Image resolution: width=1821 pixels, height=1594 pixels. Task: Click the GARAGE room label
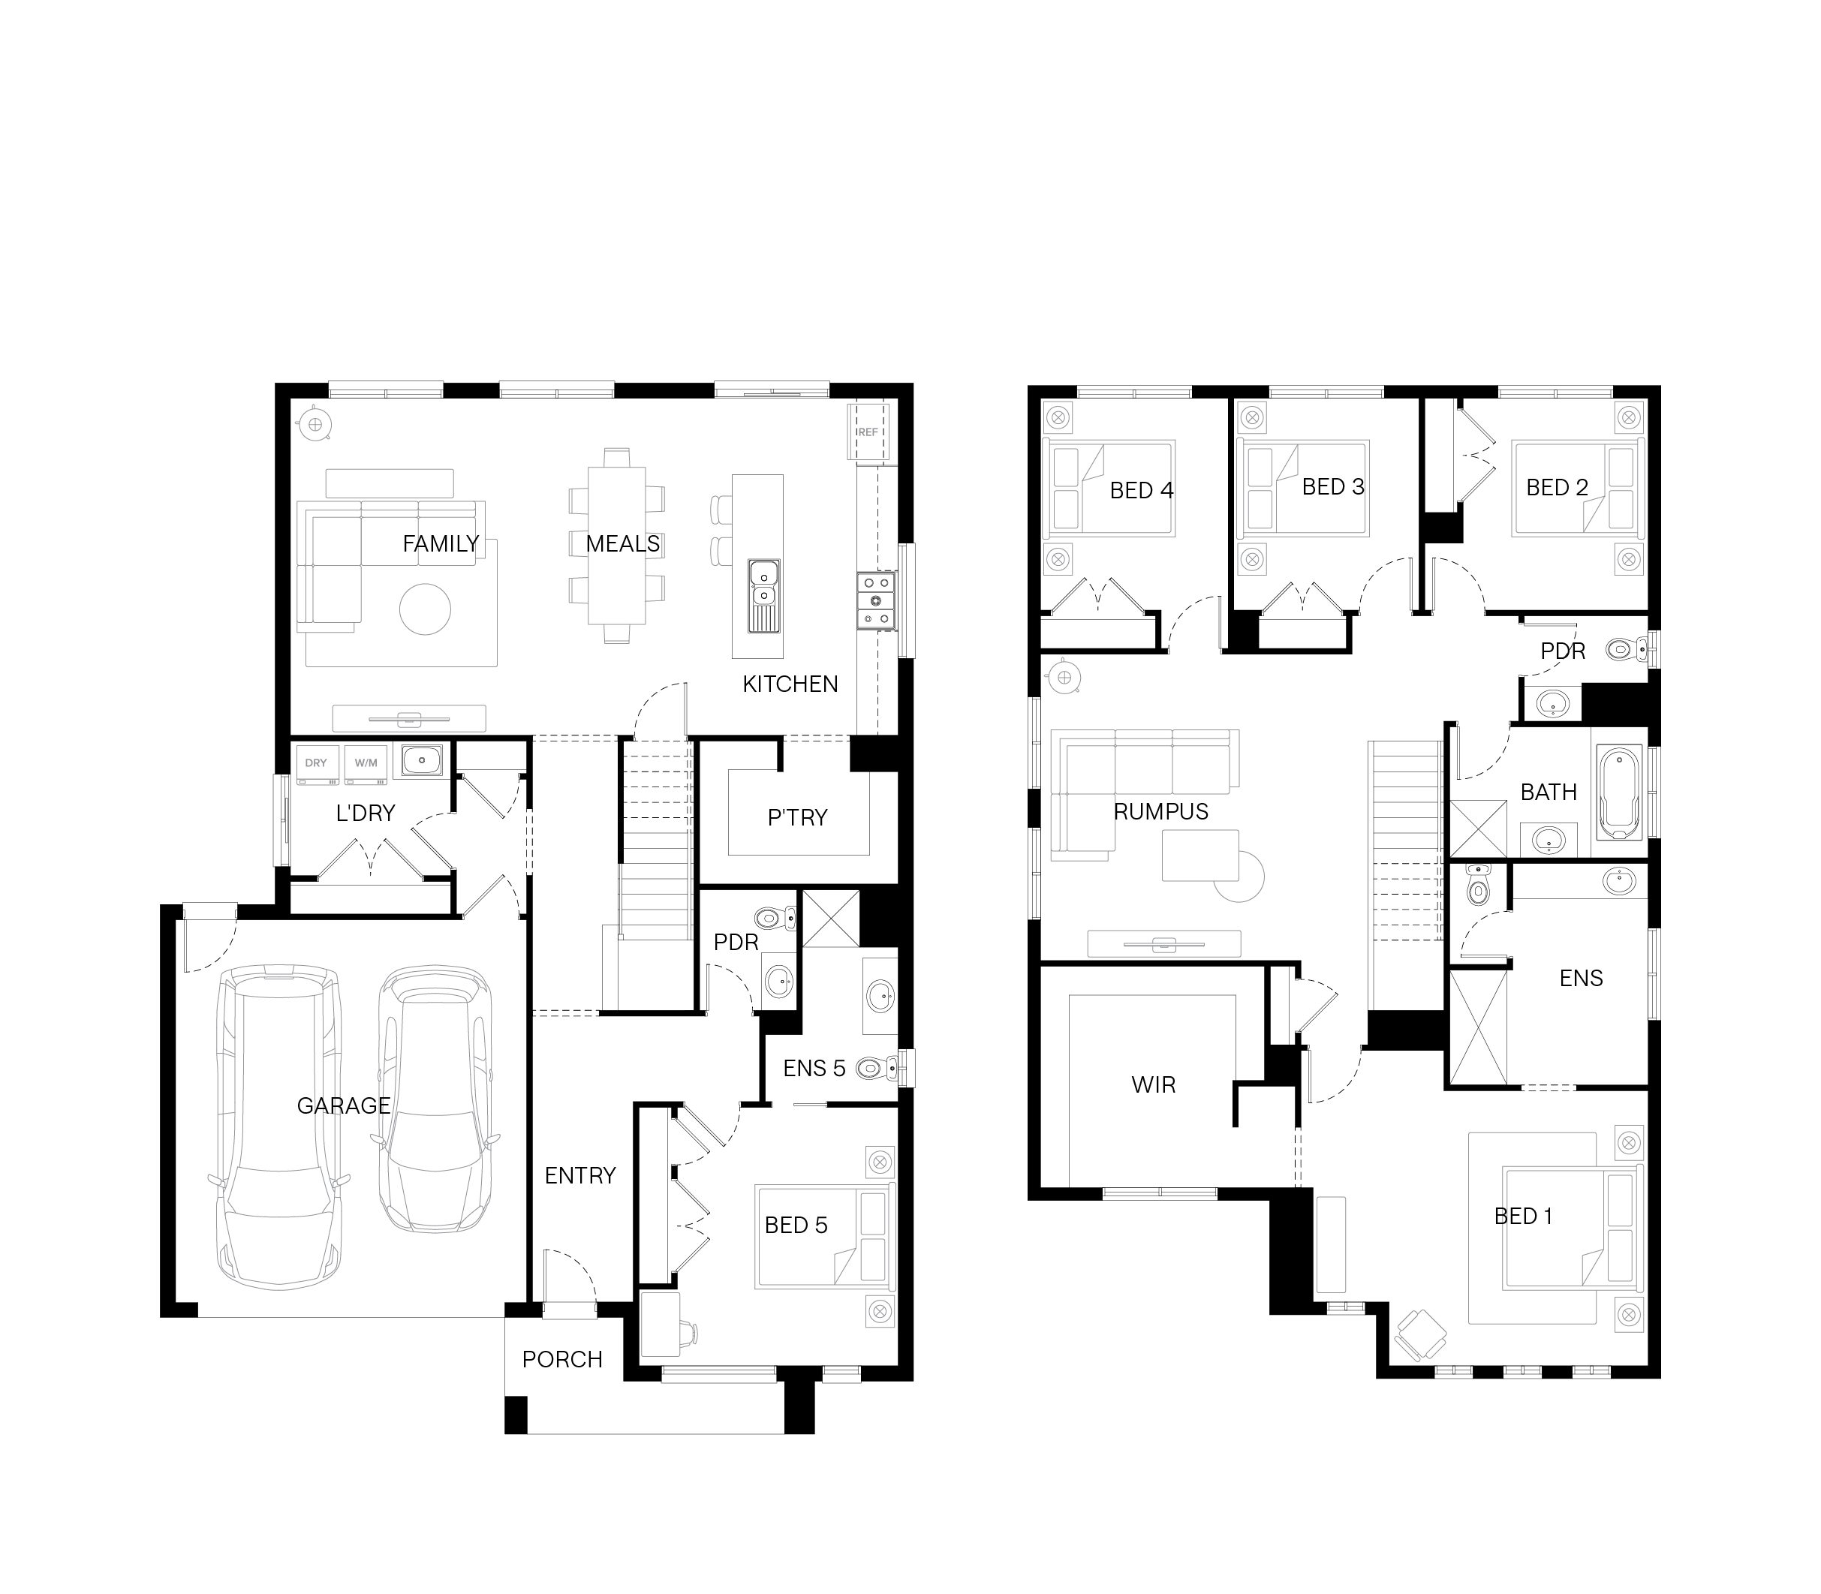(343, 1105)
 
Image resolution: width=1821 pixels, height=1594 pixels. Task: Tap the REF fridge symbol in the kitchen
(868, 432)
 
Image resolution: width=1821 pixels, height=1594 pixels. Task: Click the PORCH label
(562, 1359)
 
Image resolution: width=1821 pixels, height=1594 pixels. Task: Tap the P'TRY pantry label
(797, 817)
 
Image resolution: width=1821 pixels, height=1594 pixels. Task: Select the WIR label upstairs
(1154, 1084)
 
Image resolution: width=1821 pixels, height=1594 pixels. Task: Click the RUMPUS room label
(1161, 811)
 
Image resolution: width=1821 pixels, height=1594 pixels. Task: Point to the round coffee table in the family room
(426, 609)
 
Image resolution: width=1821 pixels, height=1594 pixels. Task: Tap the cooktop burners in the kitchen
(875, 600)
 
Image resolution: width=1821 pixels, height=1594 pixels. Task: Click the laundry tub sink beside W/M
(421, 760)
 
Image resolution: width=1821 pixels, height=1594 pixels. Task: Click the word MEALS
(623, 543)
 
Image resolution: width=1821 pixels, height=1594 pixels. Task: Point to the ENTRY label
(580, 1176)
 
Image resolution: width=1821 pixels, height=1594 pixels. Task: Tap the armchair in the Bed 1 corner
(1419, 1335)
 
